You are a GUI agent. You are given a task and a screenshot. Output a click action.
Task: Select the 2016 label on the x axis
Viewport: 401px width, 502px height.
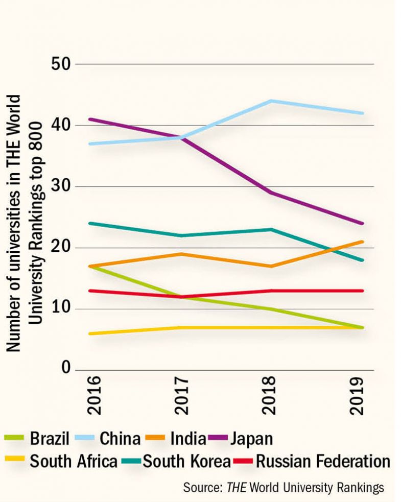(x=93, y=396)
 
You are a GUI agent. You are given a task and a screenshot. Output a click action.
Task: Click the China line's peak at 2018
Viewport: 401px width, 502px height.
(x=270, y=101)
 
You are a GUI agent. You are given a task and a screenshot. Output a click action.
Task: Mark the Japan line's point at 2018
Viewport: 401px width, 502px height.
(x=270, y=193)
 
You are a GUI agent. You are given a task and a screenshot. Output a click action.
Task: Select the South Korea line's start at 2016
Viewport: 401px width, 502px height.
(x=90, y=224)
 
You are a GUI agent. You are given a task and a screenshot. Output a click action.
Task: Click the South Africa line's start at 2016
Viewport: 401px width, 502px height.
(x=90, y=333)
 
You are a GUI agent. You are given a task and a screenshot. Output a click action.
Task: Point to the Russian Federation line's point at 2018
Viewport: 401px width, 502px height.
(x=270, y=291)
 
